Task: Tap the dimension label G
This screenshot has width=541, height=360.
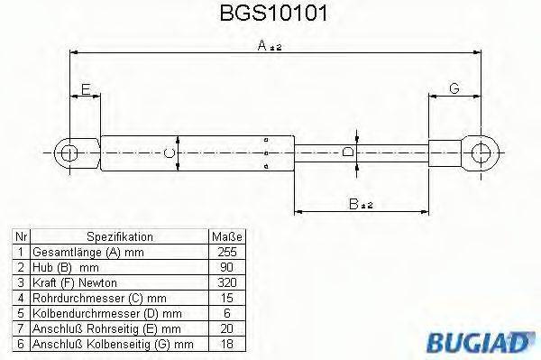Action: [x=454, y=88]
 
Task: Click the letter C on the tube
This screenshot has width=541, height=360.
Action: [x=170, y=153]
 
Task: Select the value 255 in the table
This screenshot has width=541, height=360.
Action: [x=226, y=253]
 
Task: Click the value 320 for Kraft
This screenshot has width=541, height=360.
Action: [x=226, y=282]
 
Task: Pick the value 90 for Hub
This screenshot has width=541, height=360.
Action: [x=226, y=268]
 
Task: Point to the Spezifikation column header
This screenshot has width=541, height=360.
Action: [x=120, y=237]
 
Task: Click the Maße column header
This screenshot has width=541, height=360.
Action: [x=227, y=237]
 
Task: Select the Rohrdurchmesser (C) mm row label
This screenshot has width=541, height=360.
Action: [x=87, y=298]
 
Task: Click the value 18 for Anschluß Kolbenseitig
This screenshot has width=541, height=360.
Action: [x=226, y=344]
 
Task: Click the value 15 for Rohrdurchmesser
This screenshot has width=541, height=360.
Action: [x=226, y=298]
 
